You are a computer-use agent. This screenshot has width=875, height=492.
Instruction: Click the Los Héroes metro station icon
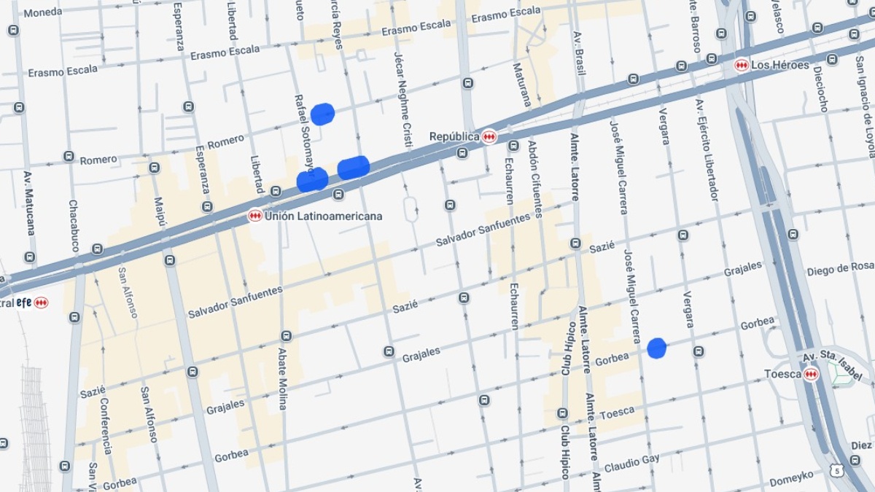pos(742,65)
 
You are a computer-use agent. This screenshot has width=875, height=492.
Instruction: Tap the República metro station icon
pos(489,136)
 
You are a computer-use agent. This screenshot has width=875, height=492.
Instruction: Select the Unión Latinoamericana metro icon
pos(255,216)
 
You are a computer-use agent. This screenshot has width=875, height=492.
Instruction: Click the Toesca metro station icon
pos(811,374)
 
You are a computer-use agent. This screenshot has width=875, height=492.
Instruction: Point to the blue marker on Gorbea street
pos(657,348)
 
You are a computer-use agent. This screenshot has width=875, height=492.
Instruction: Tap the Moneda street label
pos(42,12)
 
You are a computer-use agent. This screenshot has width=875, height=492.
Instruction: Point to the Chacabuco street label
pos(74,226)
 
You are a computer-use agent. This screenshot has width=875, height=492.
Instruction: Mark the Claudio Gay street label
pos(631,462)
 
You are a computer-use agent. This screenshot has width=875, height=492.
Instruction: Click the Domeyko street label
pos(791,479)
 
